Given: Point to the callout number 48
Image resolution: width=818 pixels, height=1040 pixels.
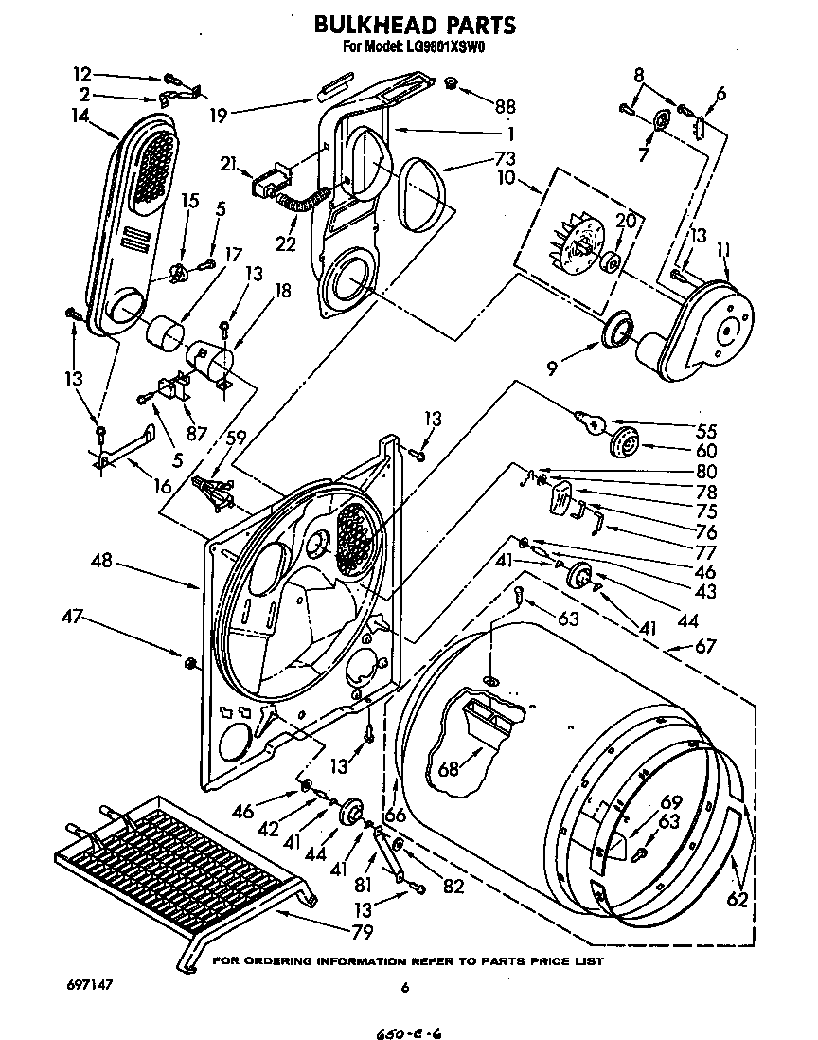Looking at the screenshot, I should (x=101, y=561).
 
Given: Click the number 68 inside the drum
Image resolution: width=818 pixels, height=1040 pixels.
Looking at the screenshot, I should (x=449, y=769).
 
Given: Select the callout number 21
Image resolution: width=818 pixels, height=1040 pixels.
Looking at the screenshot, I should (x=226, y=165).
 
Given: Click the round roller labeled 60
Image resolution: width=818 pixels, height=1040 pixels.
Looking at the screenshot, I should (x=626, y=441).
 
